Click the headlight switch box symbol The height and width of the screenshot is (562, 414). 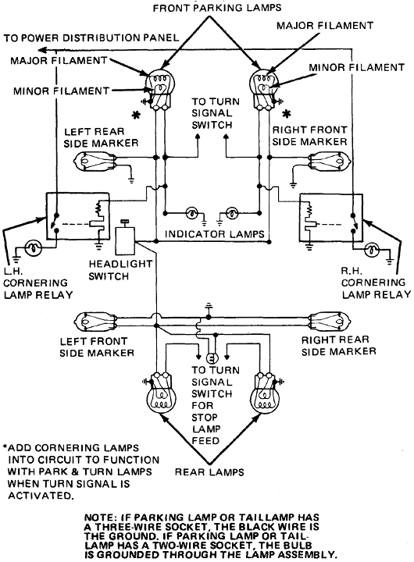click(x=124, y=240)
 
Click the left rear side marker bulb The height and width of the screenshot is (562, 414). click(x=95, y=161)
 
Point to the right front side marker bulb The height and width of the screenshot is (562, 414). click(x=330, y=161)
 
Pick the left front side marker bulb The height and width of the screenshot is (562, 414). click(x=95, y=321)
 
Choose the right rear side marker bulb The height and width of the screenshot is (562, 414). click(x=330, y=321)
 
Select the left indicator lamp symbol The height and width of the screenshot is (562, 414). click(x=192, y=214)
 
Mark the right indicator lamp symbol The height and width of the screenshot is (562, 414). click(x=232, y=214)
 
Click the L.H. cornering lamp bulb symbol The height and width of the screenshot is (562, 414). click(x=34, y=247)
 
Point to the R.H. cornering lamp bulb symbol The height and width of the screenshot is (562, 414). click(x=372, y=250)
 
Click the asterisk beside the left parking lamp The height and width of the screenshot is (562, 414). click(x=136, y=116)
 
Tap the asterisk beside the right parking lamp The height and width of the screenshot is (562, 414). click(x=286, y=114)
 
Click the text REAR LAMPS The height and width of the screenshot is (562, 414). click(x=209, y=472)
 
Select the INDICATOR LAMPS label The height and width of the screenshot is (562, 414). click(x=214, y=234)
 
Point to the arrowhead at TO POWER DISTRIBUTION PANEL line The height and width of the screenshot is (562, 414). click(x=42, y=49)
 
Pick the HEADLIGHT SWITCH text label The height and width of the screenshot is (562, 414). click(x=120, y=270)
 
